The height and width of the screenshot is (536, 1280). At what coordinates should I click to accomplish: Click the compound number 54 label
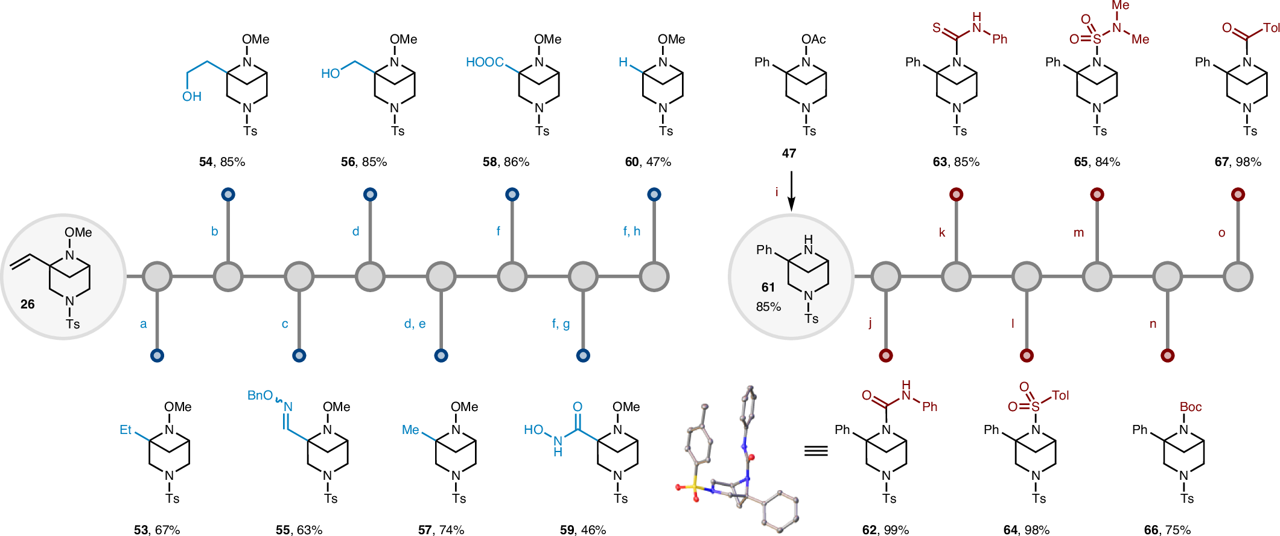pos(206,162)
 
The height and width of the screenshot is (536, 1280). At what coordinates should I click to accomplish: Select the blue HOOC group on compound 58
pos(485,62)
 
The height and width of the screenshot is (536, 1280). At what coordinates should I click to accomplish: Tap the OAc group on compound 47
pos(814,39)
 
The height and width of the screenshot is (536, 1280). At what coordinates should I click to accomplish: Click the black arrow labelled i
pos(791,191)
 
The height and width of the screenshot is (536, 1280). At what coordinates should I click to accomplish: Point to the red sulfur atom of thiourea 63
pos(936,28)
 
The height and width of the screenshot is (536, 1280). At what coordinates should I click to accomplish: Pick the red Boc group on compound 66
pos(1191,407)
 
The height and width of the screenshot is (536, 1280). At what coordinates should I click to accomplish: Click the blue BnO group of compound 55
pos(260,395)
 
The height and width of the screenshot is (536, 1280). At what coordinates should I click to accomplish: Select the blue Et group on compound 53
pos(126,430)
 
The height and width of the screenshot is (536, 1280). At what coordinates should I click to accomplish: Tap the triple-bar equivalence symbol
pos(816,450)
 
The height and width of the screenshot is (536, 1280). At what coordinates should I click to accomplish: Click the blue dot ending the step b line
pos(228,194)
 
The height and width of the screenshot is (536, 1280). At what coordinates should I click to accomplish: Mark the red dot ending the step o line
pos(1238,194)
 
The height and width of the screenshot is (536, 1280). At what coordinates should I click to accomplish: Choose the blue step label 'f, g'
pos(561,324)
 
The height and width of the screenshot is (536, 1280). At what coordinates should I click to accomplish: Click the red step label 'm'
pos(1078,232)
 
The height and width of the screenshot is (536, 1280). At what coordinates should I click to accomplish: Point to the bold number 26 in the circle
pos(28,304)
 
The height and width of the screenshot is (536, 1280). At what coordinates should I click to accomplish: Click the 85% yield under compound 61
pos(768,307)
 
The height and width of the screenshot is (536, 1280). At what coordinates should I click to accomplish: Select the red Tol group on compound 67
pos(1271,28)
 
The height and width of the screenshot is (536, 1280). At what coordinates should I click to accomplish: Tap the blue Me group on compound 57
pos(410,430)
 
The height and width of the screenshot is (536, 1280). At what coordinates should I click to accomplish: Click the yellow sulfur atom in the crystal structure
pos(695,485)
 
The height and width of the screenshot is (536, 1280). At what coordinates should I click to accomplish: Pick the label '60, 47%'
pos(648,162)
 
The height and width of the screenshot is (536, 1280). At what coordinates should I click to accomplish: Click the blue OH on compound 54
pos(192,97)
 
